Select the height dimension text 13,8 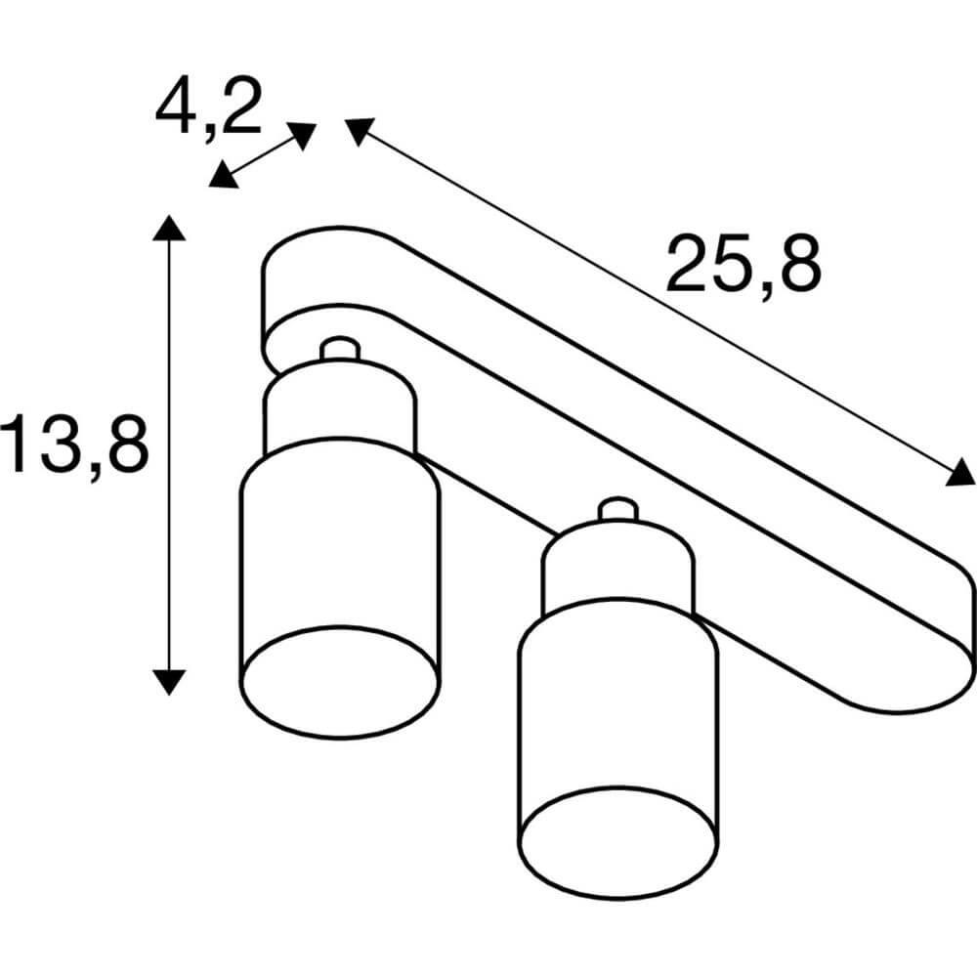(75, 444)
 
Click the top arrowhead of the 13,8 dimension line (170, 228)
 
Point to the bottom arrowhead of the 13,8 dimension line (170, 680)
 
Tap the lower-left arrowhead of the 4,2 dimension (224, 176)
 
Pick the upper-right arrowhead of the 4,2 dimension (303, 135)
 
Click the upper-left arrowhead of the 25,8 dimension (358, 131)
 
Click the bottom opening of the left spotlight (339, 682)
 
